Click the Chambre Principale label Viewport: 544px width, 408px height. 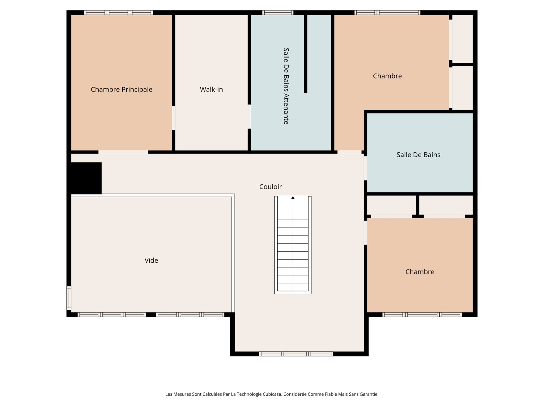[x=122, y=90]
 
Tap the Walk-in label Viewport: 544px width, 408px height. [x=211, y=90]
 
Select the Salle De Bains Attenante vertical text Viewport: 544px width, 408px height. [x=286, y=86]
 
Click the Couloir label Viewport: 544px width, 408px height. [x=271, y=187]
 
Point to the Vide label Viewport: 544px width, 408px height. [x=151, y=260]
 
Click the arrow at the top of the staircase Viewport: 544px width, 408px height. [x=293, y=198]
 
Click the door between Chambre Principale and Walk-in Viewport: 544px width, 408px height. [x=174, y=118]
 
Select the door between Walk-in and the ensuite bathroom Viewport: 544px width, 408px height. [x=249, y=117]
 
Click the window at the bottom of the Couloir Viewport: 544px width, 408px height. [x=296, y=354]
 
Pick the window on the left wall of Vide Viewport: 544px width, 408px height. [x=69, y=298]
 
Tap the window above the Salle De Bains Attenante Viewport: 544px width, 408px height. [x=278, y=12]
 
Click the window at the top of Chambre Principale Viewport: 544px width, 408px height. [x=118, y=12]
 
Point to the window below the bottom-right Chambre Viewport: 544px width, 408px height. [x=422, y=314]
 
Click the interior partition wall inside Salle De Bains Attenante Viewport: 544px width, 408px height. [x=306, y=54]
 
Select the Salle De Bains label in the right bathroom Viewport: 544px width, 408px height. [x=418, y=155]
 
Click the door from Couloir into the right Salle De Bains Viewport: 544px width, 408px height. [x=365, y=168]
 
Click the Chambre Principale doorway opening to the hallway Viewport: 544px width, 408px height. [x=123, y=152]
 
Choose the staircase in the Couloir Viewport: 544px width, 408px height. [x=293, y=245]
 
